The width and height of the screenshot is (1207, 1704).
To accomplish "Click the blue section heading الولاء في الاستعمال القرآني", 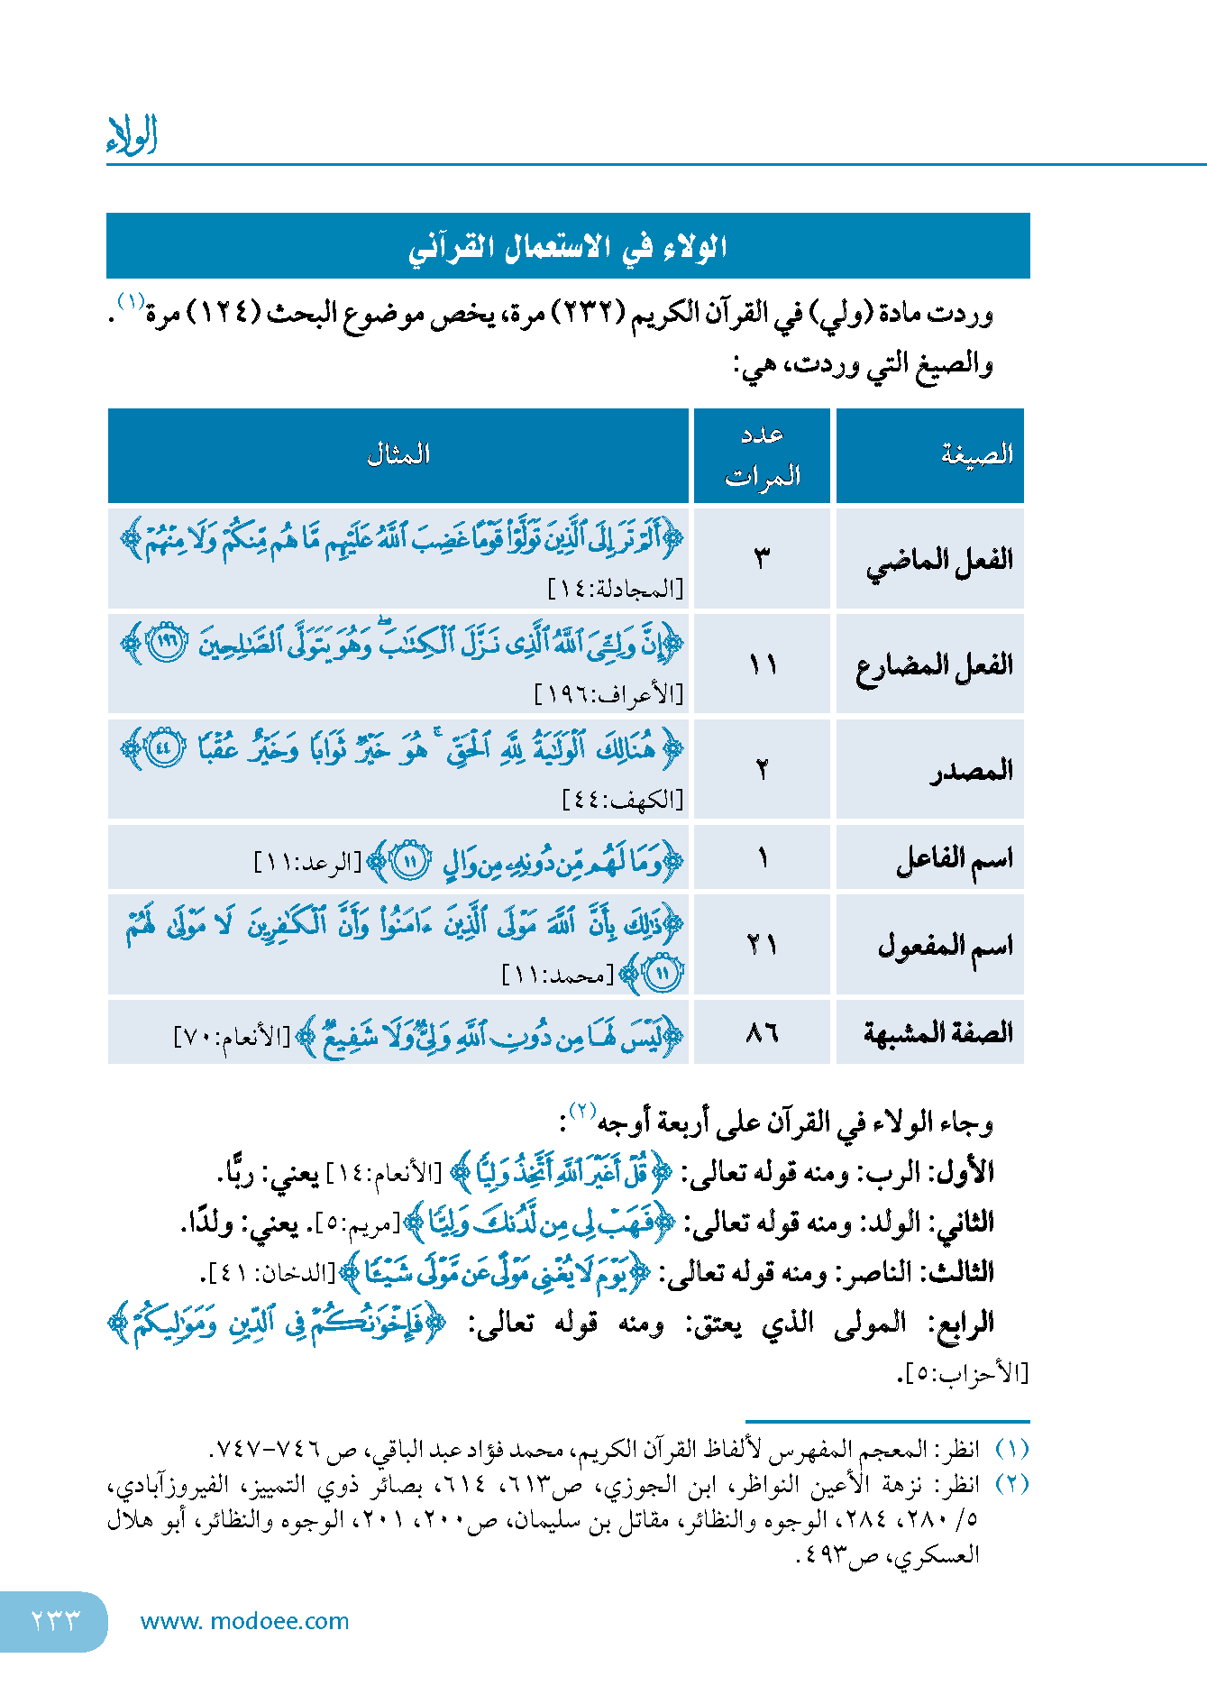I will tap(568, 246).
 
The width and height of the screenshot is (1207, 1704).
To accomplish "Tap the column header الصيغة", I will tap(977, 454).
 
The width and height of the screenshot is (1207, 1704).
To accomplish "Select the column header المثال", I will tap(398, 454).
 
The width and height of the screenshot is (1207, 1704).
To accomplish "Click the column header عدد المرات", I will tap(763, 455).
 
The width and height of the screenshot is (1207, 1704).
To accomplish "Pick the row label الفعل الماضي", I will tap(939, 561).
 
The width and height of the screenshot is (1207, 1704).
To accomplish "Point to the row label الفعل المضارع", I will tap(935, 666).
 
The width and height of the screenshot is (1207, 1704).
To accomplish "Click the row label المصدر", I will tap(972, 771).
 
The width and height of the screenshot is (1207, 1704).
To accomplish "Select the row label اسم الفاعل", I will tap(954, 859).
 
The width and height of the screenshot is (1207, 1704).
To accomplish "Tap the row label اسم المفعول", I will tap(946, 946).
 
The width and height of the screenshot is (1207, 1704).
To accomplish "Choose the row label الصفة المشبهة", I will tap(938, 1032).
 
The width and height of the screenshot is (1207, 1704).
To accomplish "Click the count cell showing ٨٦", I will tap(763, 1032).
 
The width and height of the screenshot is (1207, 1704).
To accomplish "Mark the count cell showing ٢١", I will tap(763, 946).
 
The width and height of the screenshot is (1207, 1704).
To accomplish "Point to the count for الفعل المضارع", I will tap(763, 666).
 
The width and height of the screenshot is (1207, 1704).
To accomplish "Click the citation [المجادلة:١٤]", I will tap(617, 590).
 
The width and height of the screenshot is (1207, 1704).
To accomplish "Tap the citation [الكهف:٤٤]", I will tap(623, 800).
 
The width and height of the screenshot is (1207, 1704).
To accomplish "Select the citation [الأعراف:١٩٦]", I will tap(609, 694).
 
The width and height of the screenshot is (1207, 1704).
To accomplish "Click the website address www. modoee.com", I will tap(244, 1621).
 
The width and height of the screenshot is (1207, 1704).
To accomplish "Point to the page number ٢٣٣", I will tap(55, 1621).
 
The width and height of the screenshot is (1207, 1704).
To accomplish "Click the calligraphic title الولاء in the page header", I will tap(133, 135).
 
